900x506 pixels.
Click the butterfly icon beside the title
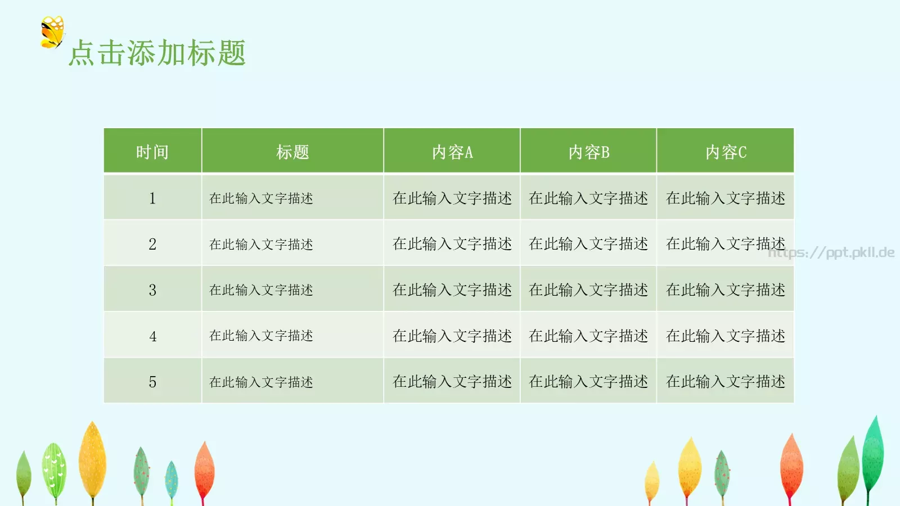[52, 32]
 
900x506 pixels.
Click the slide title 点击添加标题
[157, 53]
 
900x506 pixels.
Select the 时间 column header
[152, 152]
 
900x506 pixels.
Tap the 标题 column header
[292, 152]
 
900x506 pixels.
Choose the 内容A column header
[452, 152]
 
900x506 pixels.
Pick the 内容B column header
[588, 152]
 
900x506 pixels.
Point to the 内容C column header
[726, 152]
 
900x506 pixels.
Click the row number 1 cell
[152, 198]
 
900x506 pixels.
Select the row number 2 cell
[152, 244]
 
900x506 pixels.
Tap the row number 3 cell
[152, 290]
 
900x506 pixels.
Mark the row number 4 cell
[152, 336]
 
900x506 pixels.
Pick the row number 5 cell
[152, 382]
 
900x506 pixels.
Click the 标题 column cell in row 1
[261, 198]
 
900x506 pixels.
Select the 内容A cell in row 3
[452, 290]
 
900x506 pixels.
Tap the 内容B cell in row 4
[588, 336]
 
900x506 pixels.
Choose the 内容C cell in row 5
[726, 382]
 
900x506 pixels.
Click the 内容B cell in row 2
[588, 244]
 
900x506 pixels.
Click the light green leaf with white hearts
[55, 469]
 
